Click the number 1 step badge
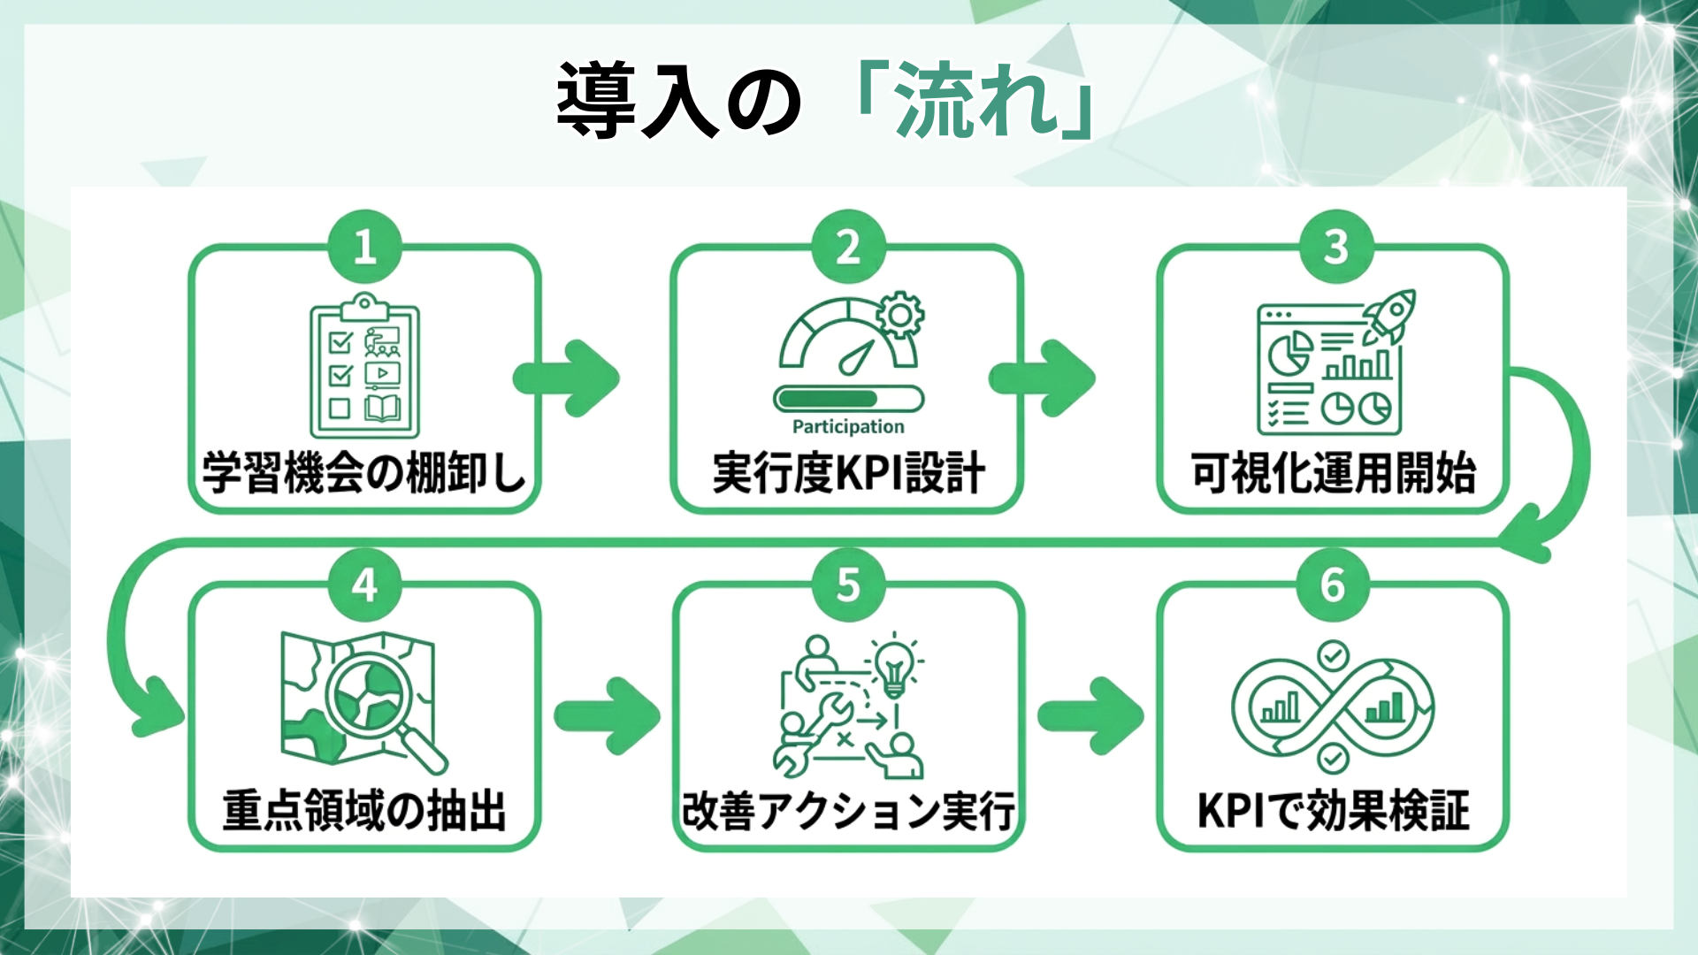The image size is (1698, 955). tap(364, 247)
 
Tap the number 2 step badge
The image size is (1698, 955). tap(848, 247)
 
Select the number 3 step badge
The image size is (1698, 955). tap(1335, 247)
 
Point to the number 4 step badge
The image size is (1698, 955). tap(364, 584)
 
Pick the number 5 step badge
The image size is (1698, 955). tap(848, 584)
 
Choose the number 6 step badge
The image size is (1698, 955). tap(1333, 584)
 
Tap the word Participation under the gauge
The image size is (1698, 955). tap(848, 427)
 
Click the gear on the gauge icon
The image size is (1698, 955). tap(899, 315)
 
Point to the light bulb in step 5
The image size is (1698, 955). tap(895, 665)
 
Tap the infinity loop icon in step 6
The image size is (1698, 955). tap(1333, 707)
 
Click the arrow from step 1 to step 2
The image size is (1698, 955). tap(567, 378)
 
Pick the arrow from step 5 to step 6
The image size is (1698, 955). tap(1090, 715)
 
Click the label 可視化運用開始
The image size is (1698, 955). tap(1333, 473)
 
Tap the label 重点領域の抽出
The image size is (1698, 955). tap(364, 811)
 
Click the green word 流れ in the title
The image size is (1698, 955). tap(977, 102)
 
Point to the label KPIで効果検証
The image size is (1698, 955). tap(1333, 811)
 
